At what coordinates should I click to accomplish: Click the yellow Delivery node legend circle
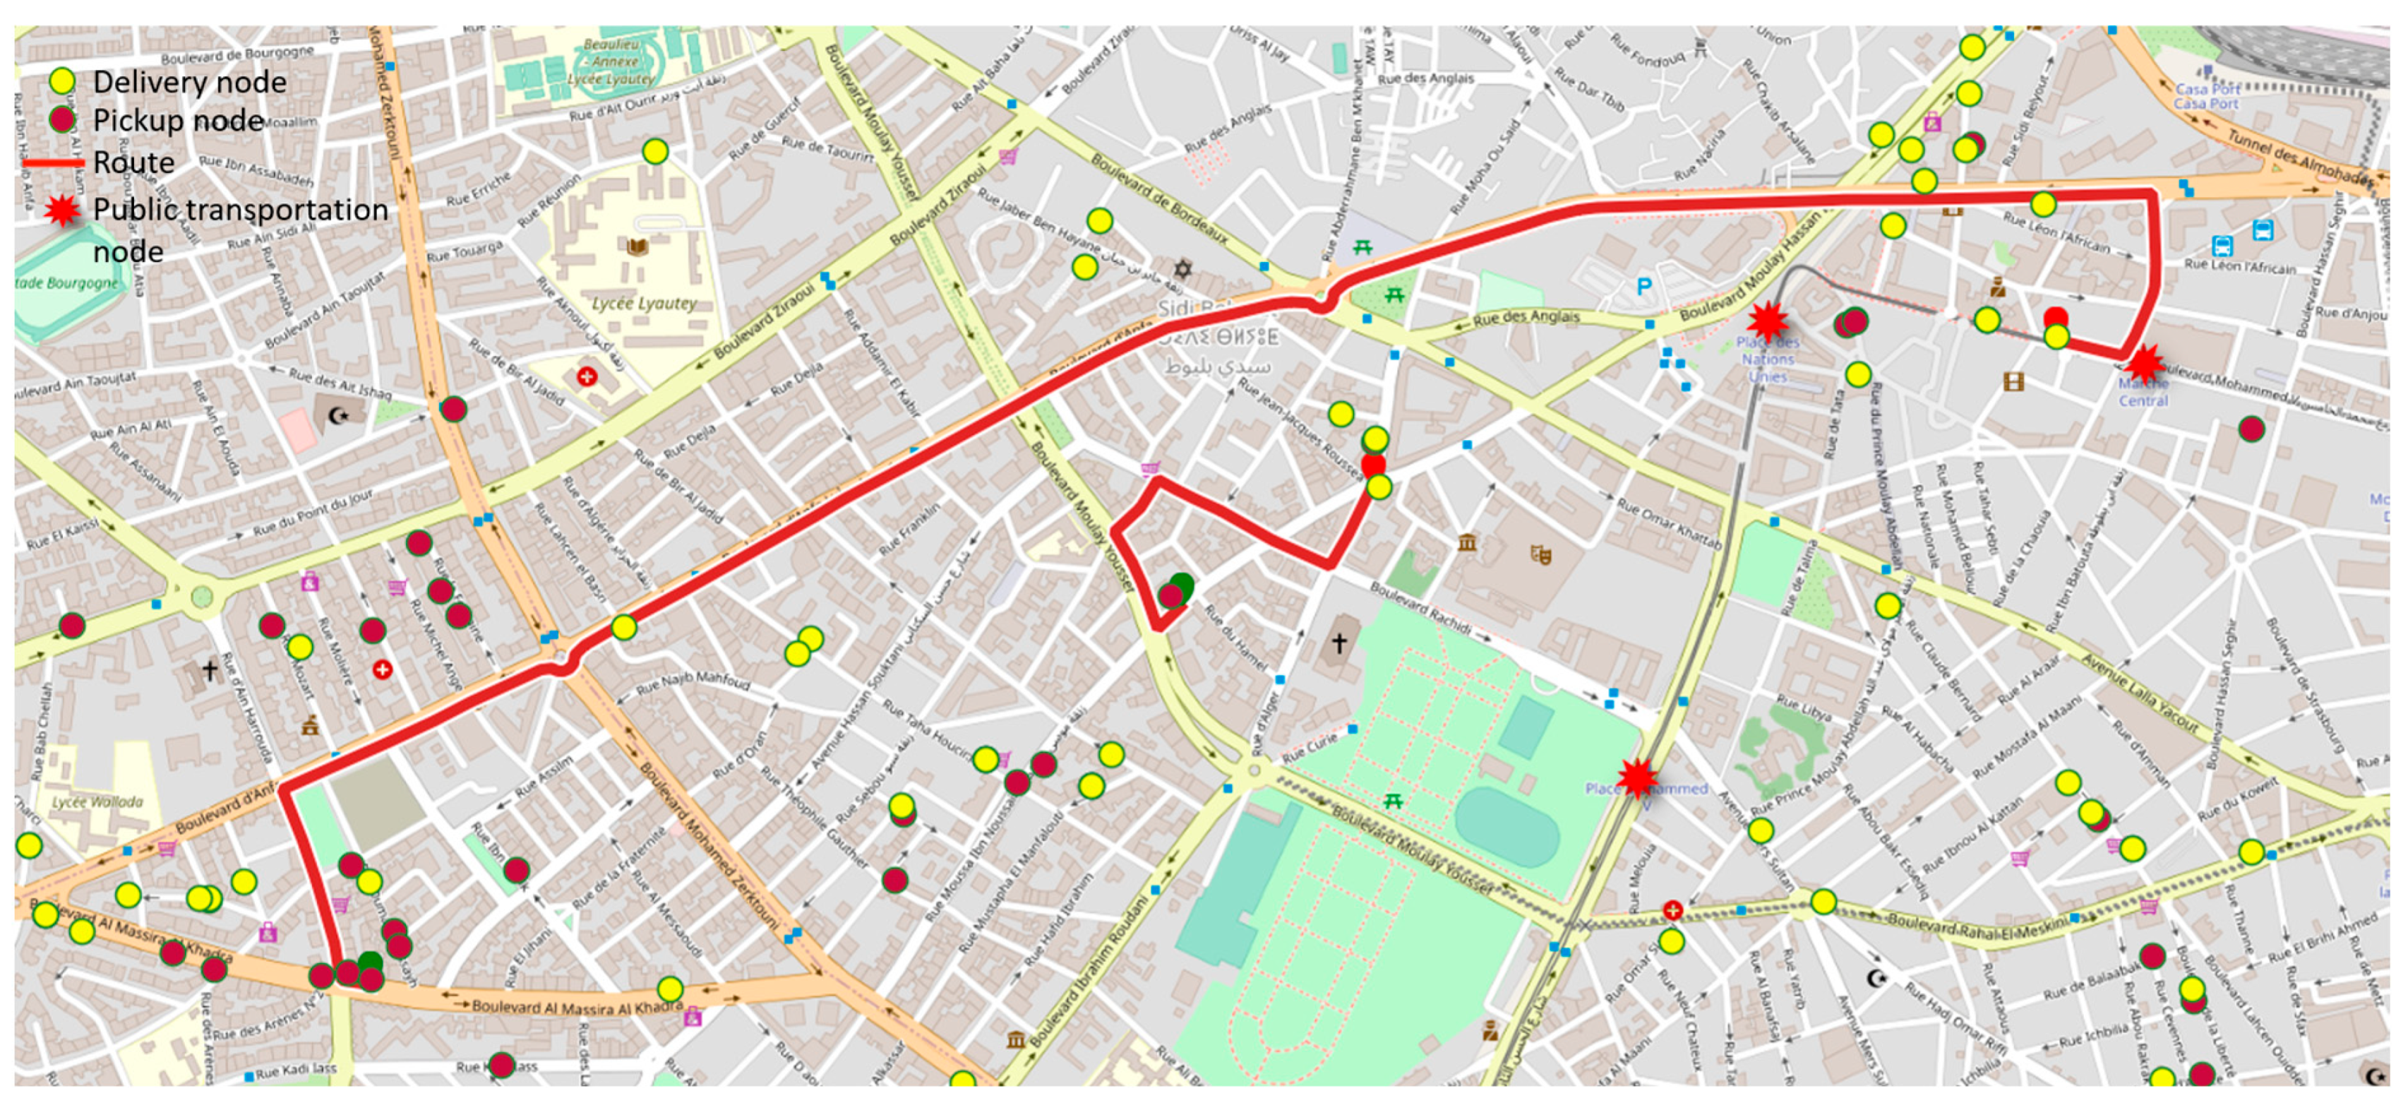pos(61,81)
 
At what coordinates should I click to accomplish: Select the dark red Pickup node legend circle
pos(61,119)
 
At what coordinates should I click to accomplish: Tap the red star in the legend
pos(61,210)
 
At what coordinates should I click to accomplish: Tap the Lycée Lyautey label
pos(644,303)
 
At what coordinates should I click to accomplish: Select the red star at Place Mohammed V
pos(1637,777)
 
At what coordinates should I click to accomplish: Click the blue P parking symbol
pos(1643,286)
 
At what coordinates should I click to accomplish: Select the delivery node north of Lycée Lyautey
pos(655,151)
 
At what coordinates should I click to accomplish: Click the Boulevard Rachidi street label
pos(1421,607)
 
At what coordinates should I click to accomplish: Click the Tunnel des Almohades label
pos(2299,159)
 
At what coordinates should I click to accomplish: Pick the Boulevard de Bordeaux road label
pos(1159,199)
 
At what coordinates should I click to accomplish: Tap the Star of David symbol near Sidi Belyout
pos(1183,269)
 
